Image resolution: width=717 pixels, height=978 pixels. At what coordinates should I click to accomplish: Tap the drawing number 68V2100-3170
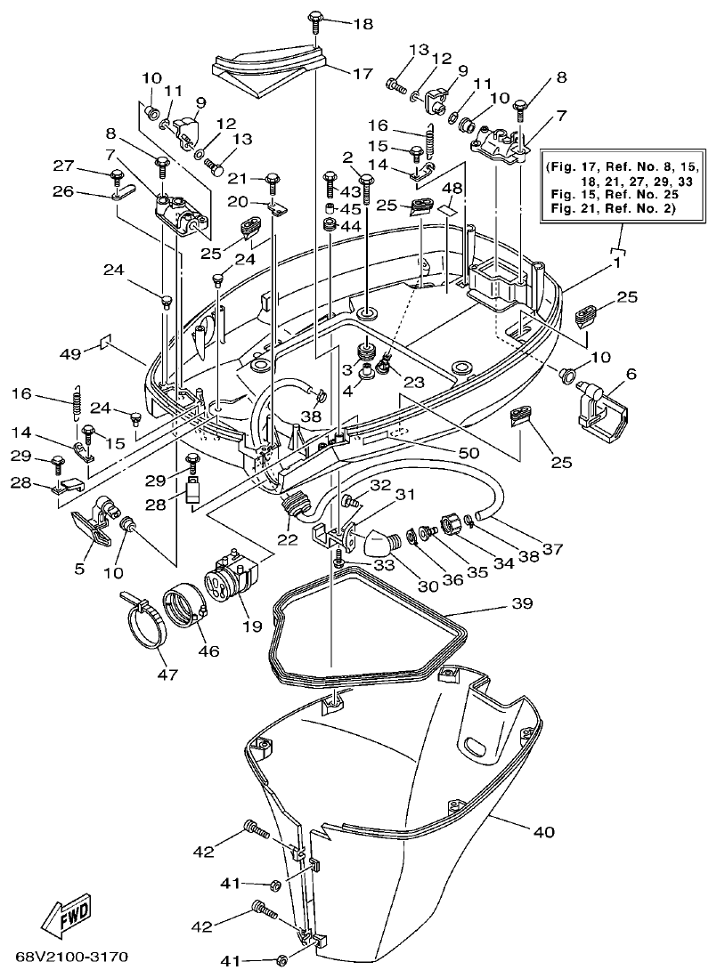72,958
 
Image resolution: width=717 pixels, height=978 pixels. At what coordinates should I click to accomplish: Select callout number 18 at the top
363,24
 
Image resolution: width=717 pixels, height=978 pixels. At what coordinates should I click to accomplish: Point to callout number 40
543,832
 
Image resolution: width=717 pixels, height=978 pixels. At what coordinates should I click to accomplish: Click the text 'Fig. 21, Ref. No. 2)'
614,208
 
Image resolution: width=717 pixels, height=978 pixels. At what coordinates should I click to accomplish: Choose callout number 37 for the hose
554,549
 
